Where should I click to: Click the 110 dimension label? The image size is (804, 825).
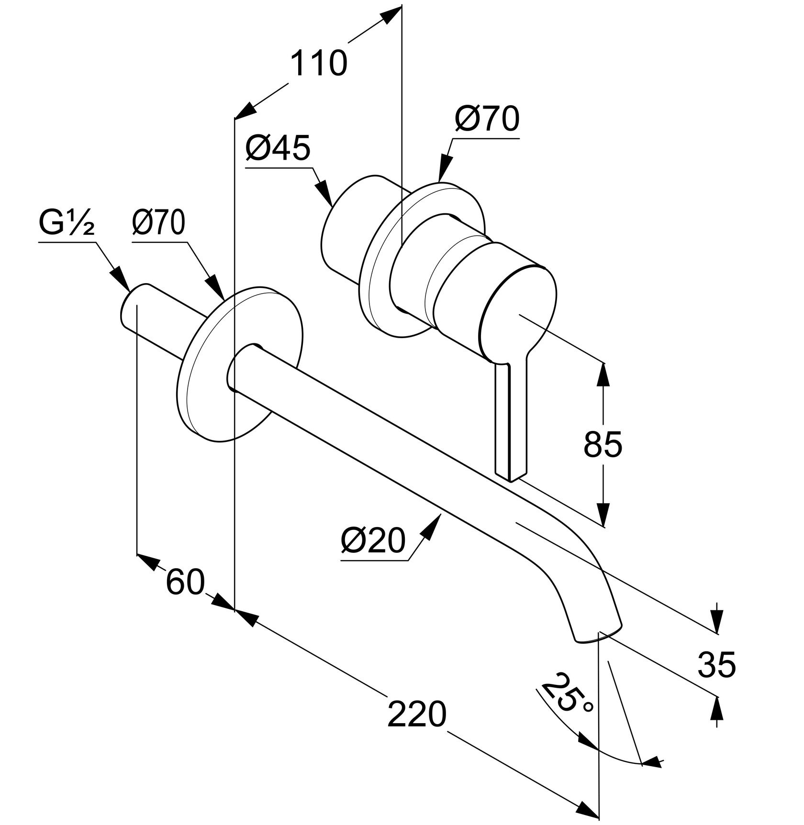tap(318, 64)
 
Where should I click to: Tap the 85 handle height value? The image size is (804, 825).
tap(603, 445)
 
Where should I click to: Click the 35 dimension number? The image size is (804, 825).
tap(716, 665)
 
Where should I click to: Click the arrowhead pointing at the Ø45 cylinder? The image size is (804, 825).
tap(325, 192)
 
